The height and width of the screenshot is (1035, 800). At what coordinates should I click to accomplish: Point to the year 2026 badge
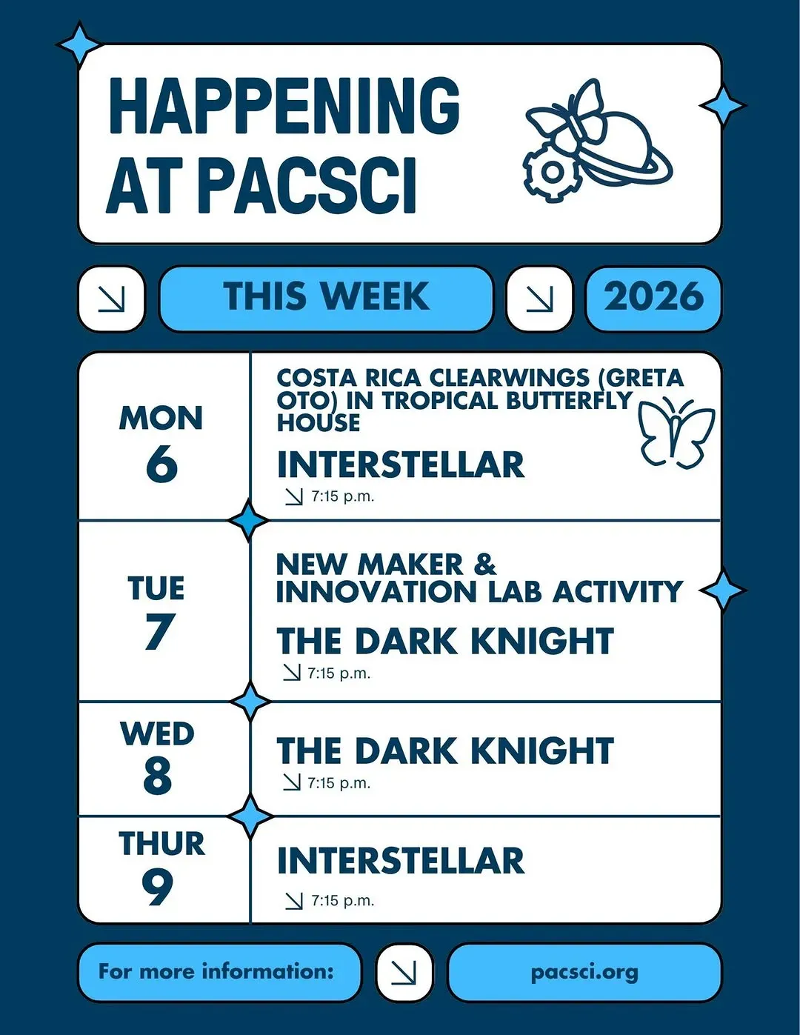coord(653,297)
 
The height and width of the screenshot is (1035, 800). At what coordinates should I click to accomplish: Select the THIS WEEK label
coord(326,296)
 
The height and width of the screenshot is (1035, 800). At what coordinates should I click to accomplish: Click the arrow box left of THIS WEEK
coord(111,298)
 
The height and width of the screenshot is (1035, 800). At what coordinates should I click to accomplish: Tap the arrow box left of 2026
coord(539,298)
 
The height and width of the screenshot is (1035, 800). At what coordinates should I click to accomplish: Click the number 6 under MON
coord(161,464)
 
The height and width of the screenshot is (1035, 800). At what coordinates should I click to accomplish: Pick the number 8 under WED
coord(158,776)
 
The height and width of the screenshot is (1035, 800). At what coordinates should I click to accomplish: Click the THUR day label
coord(162,844)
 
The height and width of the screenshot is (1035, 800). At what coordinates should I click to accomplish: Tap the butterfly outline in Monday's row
coord(676,432)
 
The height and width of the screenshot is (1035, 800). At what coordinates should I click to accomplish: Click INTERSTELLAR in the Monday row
coord(401,465)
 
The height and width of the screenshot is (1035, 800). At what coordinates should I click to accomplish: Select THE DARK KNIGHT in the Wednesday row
coord(445,751)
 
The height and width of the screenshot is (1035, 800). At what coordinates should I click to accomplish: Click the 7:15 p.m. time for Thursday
coord(343,900)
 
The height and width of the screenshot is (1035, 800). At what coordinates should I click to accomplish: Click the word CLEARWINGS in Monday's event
coord(509,378)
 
